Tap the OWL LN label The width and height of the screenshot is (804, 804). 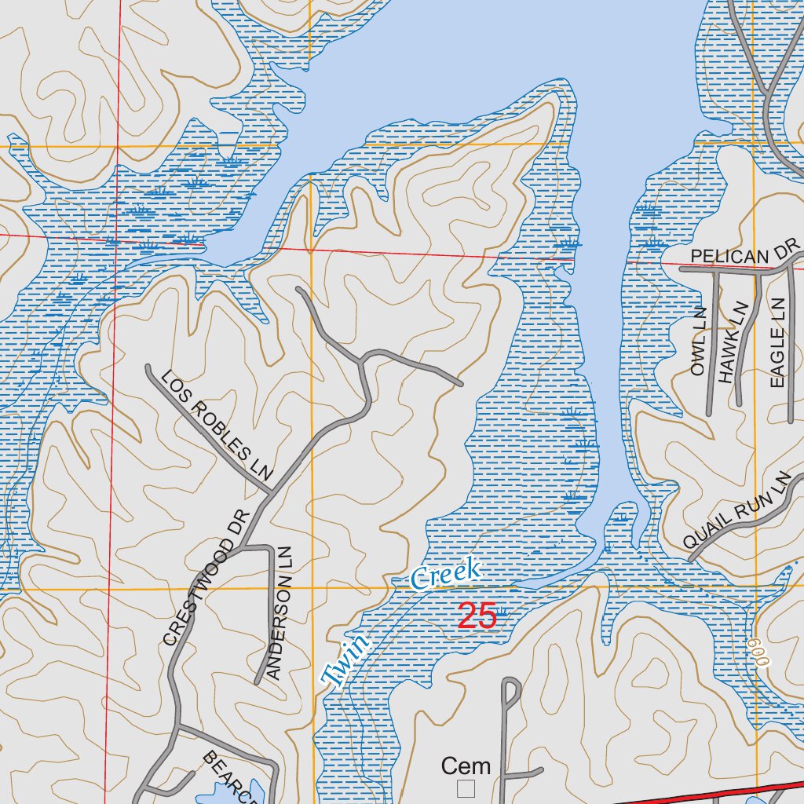pos(699,342)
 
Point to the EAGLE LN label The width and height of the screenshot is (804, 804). pos(777,342)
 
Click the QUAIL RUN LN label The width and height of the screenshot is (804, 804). pos(735,511)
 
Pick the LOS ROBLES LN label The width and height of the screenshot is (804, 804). pos(216,425)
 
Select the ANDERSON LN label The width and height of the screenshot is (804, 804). pos(282,612)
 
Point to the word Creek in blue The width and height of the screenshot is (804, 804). pos(445,575)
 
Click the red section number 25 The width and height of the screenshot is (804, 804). pos(477,616)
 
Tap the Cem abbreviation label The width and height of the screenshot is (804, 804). pos(466,766)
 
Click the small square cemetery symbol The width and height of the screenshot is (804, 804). pos(466,787)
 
